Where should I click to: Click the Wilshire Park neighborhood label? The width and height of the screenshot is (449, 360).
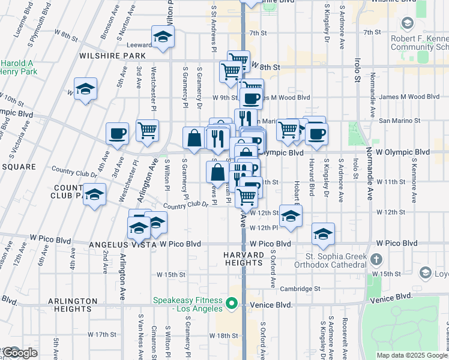(x=112, y=56)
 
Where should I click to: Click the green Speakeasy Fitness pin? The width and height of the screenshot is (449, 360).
(x=232, y=305)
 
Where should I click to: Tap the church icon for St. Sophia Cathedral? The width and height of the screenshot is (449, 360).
(x=376, y=260)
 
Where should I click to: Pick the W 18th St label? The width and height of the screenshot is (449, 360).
(x=228, y=335)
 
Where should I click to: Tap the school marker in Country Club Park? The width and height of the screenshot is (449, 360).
(x=94, y=195)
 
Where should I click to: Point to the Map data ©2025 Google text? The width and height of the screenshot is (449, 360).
(x=411, y=355)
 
